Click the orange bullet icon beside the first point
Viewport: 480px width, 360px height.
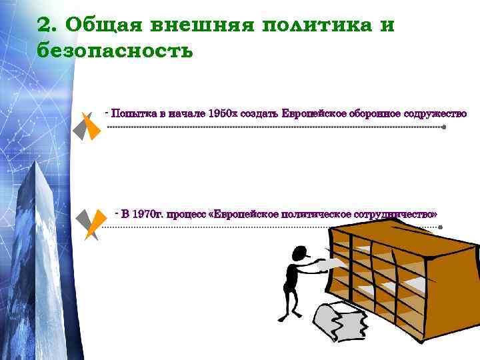tap(93, 127)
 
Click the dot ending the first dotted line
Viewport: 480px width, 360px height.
tap(444, 126)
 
